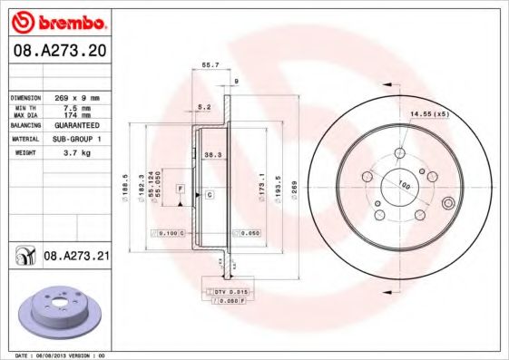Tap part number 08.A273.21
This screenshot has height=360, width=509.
click(76, 258)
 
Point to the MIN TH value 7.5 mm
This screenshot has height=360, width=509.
click(73, 107)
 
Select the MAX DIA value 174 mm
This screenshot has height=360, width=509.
click(73, 115)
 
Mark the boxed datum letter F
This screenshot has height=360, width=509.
click(181, 187)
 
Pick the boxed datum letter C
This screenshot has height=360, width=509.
click(210, 195)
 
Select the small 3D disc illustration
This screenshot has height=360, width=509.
click(60, 312)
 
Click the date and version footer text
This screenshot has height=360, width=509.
click(61, 355)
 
